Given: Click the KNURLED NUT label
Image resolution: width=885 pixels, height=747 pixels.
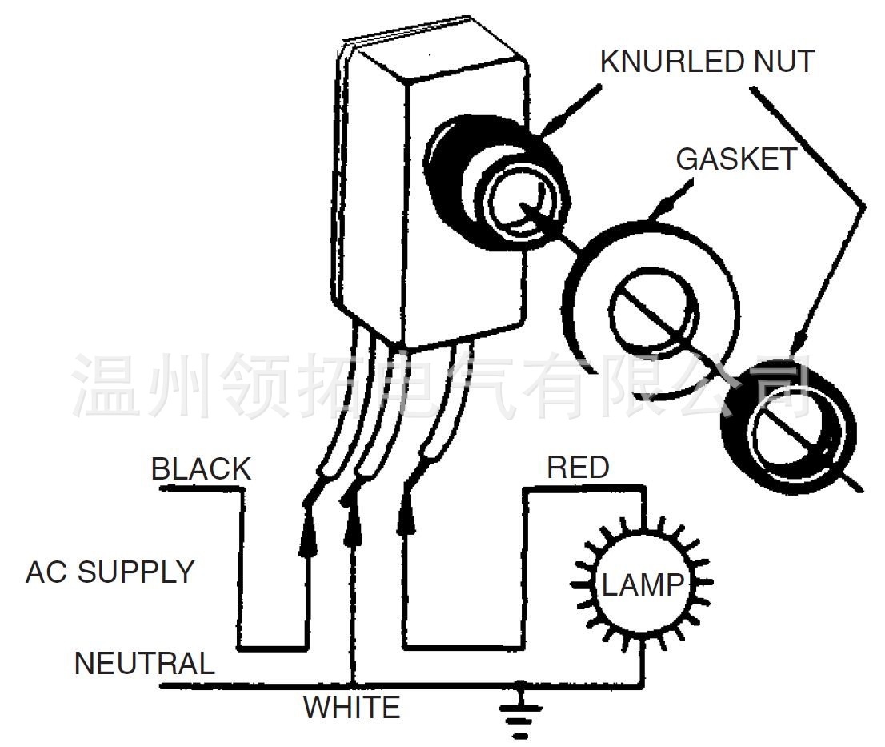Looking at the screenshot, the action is pyautogui.click(x=707, y=62).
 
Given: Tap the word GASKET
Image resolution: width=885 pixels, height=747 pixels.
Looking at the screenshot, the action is pyautogui.click(x=736, y=159).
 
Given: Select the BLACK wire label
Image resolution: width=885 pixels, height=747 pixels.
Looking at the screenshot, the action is pyautogui.click(x=201, y=469).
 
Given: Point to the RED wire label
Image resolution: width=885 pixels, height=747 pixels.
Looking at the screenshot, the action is pyautogui.click(x=578, y=468).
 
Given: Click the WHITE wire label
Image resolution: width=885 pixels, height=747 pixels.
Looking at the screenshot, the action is pyautogui.click(x=351, y=707).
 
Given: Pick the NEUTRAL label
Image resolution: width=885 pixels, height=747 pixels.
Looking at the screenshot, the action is pyautogui.click(x=145, y=663).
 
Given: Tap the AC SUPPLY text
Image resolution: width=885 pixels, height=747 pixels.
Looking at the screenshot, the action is pyautogui.click(x=110, y=572).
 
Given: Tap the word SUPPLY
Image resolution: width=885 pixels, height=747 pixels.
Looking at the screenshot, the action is pyautogui.click(x=136, y=572).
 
